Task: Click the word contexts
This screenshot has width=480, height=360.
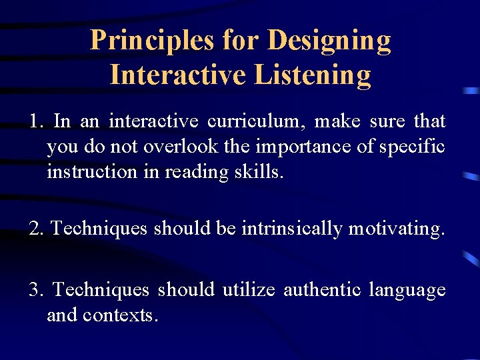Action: tap(120, 315)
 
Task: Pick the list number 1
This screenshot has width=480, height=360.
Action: tap(35, 121)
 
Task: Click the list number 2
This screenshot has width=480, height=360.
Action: tap(35, 228)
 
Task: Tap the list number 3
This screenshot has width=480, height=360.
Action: tap(35, 290)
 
